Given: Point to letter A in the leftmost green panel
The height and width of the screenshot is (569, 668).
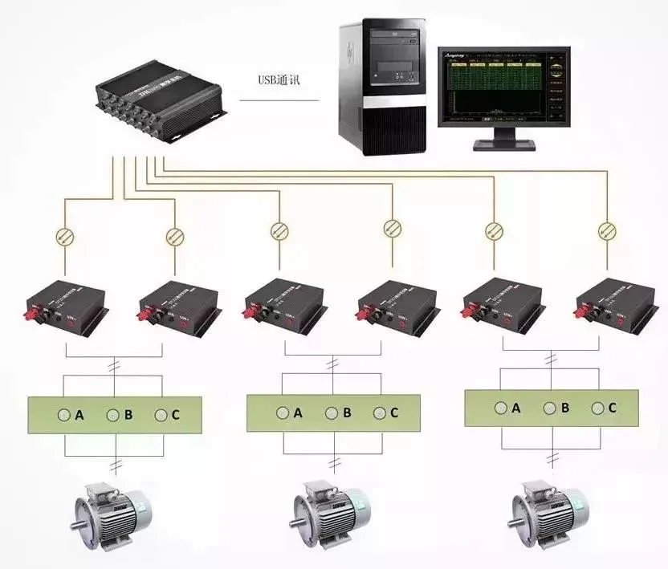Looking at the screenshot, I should click(x=79, y=416).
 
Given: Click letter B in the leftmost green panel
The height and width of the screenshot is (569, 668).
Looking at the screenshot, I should click(x=128, y=416).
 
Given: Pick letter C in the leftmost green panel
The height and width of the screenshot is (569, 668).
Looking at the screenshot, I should click(x=176, y=416).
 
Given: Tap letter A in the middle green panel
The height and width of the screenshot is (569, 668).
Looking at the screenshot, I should click(x=298, y=413).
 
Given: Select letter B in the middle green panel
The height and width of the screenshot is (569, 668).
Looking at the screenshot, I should click(x=347, y=413).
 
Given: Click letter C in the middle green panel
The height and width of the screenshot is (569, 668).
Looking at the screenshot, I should click(x=394, y=413).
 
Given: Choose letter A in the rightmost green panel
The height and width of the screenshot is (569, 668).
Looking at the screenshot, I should click(x=516, y=408).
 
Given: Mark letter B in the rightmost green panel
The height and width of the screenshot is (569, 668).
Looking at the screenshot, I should click(x=565, y=408).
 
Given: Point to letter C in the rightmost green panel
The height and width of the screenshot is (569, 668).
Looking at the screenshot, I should click(x=613, y=408).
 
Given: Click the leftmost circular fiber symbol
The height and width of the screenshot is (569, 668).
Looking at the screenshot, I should click(x=63, y=235).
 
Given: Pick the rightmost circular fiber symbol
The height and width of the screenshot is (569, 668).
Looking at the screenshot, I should click(x=606, y=232).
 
